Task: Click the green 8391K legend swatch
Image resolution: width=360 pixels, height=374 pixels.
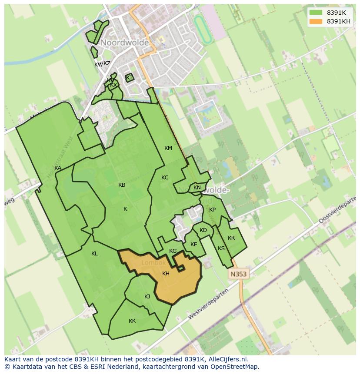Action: point(316,13)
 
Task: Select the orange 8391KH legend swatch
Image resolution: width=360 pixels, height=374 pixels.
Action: point(316,21)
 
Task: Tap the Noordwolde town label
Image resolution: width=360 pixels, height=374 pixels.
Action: point(125,43)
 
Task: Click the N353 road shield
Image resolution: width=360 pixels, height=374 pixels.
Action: point(238,274)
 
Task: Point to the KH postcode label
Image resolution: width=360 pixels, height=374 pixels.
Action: point(166,274)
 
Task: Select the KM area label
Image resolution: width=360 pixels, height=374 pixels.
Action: point(168,148)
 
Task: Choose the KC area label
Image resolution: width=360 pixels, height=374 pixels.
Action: point(165,178)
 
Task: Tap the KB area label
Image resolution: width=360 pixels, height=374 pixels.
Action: point(122,185)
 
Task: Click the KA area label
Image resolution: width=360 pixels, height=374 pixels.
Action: point(58,168)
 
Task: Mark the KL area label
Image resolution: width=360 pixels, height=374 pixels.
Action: point(94,254)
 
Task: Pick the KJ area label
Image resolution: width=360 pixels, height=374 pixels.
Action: point(147,297)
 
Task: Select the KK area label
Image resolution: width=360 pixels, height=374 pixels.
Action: point(132,321)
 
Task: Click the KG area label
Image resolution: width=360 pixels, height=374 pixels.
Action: point(173,251)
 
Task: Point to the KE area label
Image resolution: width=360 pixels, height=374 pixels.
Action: point(194,245)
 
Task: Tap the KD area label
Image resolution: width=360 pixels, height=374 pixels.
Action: point(203,230)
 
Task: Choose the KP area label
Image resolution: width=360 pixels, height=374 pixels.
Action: point(212,210)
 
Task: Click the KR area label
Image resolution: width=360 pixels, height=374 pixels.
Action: point(231,238)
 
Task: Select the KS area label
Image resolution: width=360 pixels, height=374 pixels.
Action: point(221,248)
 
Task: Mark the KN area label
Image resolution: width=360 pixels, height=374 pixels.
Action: point(197,188)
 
